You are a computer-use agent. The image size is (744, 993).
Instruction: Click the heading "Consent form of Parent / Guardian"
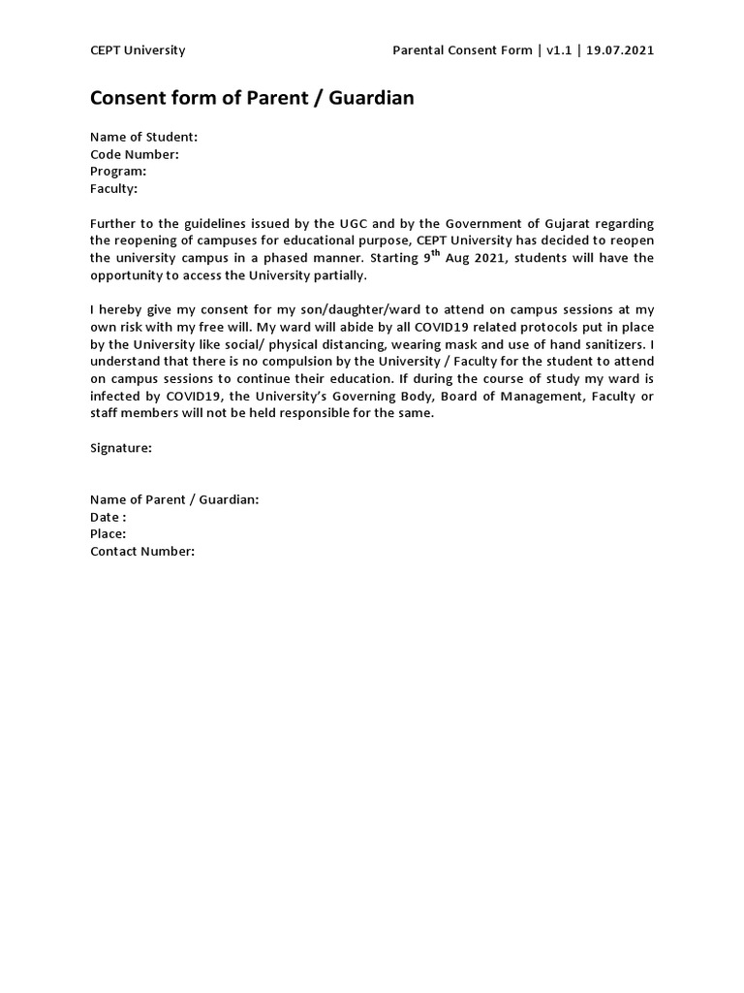pos(252,98)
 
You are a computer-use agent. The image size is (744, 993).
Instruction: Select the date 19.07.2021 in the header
pos(620,50)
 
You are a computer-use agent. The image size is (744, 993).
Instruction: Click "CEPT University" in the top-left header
pos(138,50)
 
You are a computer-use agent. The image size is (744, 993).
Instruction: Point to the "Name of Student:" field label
pos(143,137)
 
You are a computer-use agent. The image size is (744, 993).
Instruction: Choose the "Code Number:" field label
pos(135,154)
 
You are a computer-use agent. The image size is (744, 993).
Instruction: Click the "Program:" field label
pos(118,171)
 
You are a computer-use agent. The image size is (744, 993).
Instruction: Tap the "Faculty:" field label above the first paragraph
pos(114,188)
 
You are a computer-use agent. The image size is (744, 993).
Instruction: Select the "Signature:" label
pos(121,448)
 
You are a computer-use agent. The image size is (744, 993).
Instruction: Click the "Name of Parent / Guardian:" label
pos(174,499)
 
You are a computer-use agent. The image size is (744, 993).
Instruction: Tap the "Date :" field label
pos(108,517)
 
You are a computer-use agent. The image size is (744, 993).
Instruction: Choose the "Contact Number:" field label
pos(142,551)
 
